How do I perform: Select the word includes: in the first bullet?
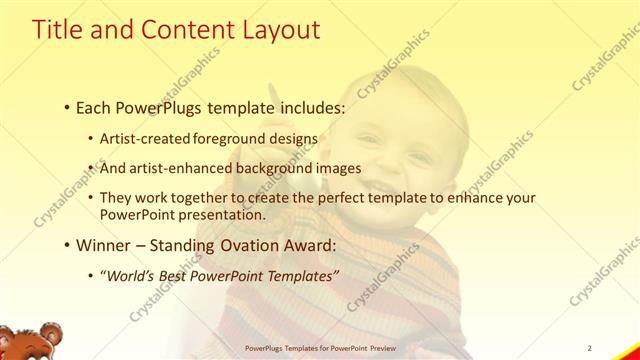coord(304,106)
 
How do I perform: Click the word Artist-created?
coord(139,139)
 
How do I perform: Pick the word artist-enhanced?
coord(176,168)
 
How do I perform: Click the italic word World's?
coord(133,275)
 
